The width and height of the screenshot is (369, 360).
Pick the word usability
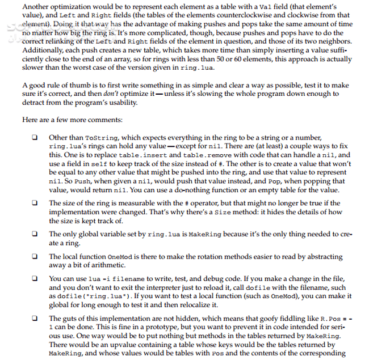click(120, 103)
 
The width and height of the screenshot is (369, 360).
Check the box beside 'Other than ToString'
click(35, 138)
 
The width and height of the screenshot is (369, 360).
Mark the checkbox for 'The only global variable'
click(35, 234)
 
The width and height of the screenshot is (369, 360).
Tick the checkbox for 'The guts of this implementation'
click(35, 319)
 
